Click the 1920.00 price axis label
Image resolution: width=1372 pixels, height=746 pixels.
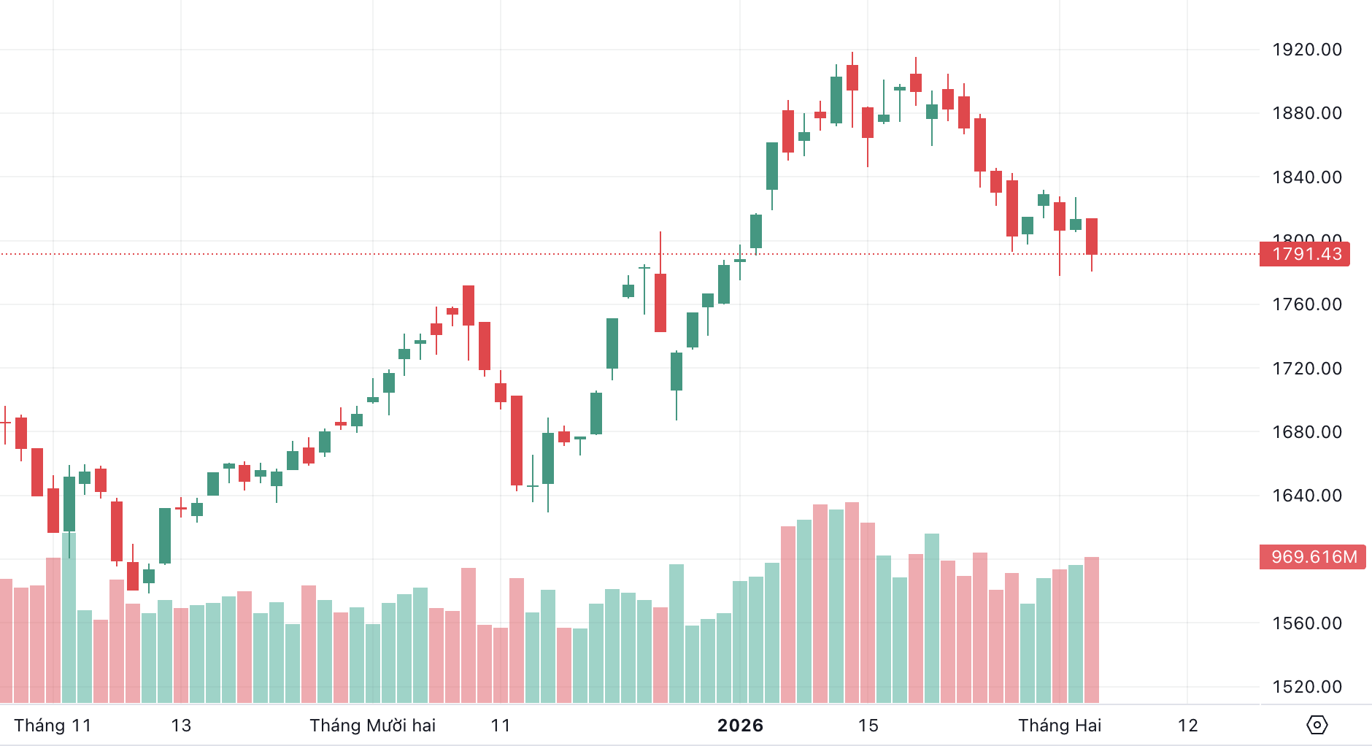click(1306, 50)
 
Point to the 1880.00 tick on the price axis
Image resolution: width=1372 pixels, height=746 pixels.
click(1306, 113)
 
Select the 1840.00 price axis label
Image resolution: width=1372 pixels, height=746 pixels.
click(1306, 177)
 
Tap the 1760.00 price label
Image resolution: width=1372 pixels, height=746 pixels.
click(1306, 304)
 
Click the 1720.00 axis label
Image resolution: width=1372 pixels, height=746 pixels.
click(1306, 368)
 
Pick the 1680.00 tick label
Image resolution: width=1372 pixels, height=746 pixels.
click(1306, 431)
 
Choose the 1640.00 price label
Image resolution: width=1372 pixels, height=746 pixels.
click(1306, 496)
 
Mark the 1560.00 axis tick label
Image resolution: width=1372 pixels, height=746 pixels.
click(1306, 623)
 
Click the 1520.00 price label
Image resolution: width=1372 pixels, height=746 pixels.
click(1306, 687)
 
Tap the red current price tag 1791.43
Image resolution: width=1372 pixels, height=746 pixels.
click(1305, 254)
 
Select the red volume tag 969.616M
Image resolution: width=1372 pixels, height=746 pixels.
click(1313, 557)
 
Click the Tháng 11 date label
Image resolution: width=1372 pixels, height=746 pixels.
click(53, 726)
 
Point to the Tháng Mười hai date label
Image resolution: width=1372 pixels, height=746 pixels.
click(372, 726)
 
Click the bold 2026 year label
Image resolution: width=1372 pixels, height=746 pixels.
click(740, 726)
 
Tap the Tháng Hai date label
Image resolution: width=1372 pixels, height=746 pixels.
click(1060, 726)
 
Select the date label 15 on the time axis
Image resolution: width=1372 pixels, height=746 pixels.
click(868, 726)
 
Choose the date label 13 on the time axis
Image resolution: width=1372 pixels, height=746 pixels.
click(181, 726)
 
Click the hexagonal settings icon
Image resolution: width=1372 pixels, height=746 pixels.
click(1317, 725)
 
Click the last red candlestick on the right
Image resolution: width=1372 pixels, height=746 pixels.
click(1092, 236)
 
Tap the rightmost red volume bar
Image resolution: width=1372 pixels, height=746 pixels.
click(1092, 628)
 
